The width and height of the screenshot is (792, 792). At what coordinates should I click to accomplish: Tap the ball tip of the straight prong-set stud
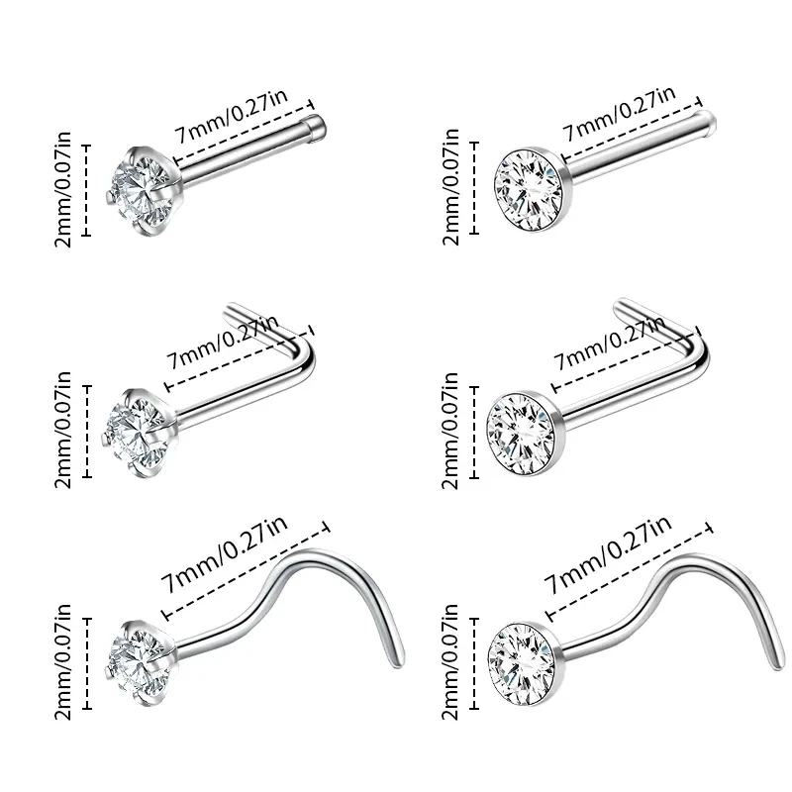[x=316, y=123]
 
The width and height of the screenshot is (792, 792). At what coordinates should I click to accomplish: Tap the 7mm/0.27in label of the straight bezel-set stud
[x=620, y=112]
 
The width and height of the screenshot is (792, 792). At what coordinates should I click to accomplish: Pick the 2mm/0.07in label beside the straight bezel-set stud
[x=453, y=185]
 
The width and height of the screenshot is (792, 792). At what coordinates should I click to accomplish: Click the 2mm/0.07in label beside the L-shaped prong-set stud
[x=63, y=431]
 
